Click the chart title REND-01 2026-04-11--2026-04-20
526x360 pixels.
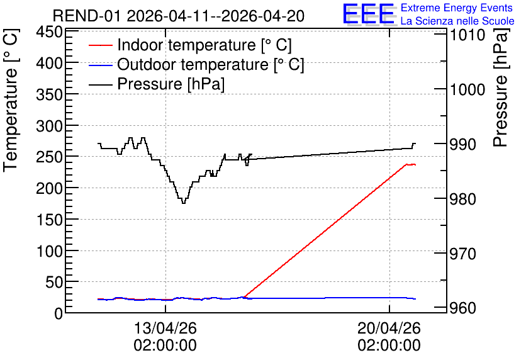pyautogui.click(x=179, y=16)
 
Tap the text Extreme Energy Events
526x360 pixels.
pyautogui.click(x=457, y=8)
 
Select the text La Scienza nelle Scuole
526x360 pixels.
pyautogui.click(x=457, y=21)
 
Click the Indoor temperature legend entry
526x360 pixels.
pyautogui.click(x=190, y=45)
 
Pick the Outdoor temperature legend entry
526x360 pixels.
pyautogui.click(x=196, y=64)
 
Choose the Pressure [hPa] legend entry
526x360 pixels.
pyautogui.click(x=157, y=84)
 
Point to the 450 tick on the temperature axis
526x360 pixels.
pyautogui.click(x=50, y=33)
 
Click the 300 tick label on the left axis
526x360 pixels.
pyautogui.click(x=50, y=127)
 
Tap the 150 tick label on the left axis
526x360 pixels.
pyautogui.click(x=50, y=220)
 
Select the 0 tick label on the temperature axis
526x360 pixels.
pyautogui.click(x=59, y=313)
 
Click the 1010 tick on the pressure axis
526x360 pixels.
pyautogui.click(x=467, y=35)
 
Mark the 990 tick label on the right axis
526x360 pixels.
pyautogui.click(x=462, y=144)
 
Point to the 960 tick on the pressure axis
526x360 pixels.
pyautogui.click(x=462, y=308)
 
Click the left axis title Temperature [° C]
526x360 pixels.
pyautogui.click(x=11, y=101)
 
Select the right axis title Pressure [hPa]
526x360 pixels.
pyautogui.click(x=501, y=87)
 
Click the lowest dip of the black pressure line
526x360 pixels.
pyautogui.click(x=184, y=203)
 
